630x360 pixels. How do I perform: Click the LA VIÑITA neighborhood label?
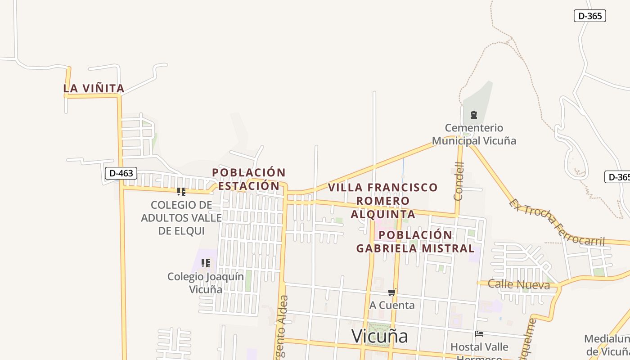[94, 89]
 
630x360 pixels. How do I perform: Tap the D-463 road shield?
[121, 173]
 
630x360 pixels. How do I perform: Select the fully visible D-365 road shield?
[589, 16]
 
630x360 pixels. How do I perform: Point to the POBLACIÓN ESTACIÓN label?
[249, 179]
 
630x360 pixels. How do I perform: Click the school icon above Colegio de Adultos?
[181, 192]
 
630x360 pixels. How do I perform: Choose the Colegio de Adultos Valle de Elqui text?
[181, 218]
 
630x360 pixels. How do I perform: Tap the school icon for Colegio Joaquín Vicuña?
[206, 263]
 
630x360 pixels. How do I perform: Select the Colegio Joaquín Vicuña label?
[206, 283]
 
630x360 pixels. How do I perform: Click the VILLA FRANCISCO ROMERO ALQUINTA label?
[382, 201]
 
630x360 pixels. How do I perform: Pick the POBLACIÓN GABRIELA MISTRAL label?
[415, 242]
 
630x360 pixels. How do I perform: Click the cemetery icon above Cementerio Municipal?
[474, 115]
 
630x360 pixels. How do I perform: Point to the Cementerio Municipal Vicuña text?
[474, 134]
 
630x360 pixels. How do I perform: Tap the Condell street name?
[459, 181]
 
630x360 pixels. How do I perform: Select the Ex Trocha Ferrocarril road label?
[557, 223]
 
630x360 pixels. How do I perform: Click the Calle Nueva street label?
[519, 284]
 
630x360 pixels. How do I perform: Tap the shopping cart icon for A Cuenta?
[392, 292]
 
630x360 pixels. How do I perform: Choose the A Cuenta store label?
[392, 305]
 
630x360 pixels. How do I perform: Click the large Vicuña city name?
[379, 336]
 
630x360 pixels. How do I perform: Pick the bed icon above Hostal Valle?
[480, 334]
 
